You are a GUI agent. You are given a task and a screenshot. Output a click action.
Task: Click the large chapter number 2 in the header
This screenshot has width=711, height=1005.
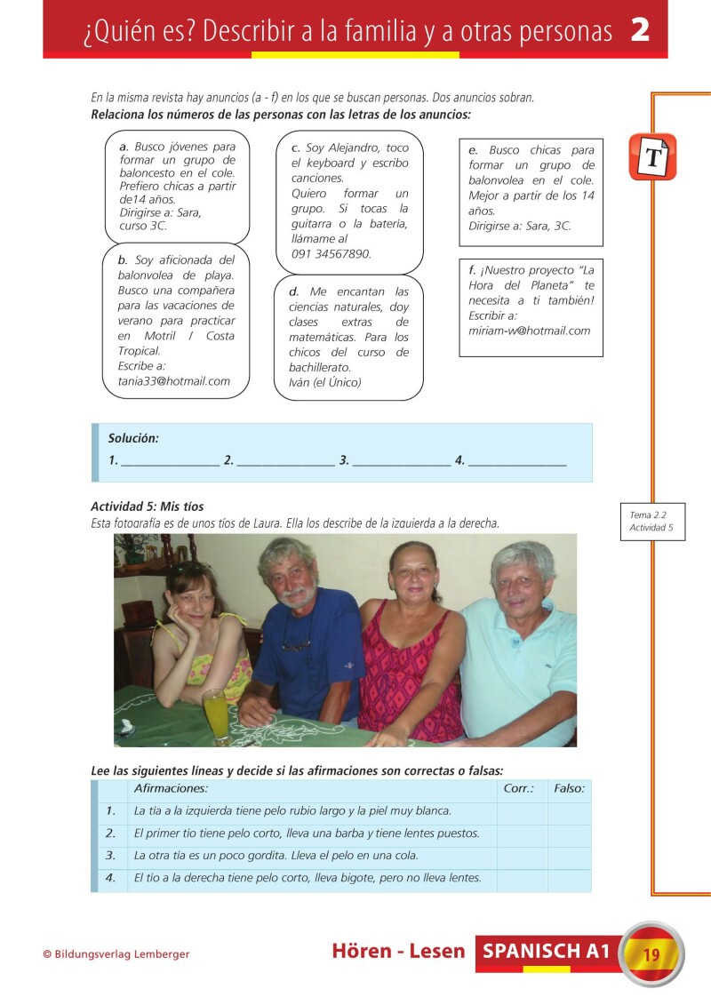click(x=640, y=30)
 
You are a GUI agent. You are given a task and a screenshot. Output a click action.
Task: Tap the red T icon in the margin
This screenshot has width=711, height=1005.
click(x=652, y=157)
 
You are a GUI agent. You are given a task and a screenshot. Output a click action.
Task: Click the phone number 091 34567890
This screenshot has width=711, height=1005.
click(x=331, y=254)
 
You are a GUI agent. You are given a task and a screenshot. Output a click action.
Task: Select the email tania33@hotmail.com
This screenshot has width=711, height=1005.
click(x=173, y=381)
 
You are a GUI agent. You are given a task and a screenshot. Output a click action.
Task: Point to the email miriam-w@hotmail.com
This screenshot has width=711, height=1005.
click(x=529, y=331)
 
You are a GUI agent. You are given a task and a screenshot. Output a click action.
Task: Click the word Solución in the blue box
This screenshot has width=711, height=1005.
click(x=133, y=438)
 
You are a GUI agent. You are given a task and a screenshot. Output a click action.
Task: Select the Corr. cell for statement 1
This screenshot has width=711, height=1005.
click(x=522, y=811)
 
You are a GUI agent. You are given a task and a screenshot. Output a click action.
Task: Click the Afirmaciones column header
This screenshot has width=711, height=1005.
click(x=171, y=788)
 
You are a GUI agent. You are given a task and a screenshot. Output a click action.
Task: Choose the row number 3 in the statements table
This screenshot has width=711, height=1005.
click(x=111, y=856)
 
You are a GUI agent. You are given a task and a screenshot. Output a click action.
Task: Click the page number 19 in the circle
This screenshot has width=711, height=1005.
click(x=651, y=954)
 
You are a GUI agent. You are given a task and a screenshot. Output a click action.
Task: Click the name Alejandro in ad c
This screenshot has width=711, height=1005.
click(x=354, y=148)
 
